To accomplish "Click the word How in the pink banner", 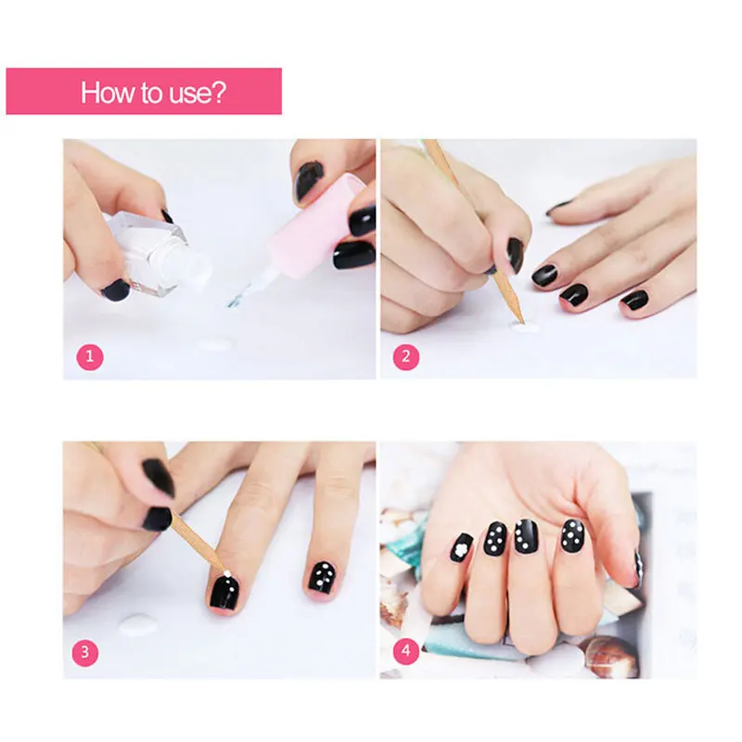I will tap(105, 93).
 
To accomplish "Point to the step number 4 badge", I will tap(405, 653).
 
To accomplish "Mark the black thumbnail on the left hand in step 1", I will tap(116, 289).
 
